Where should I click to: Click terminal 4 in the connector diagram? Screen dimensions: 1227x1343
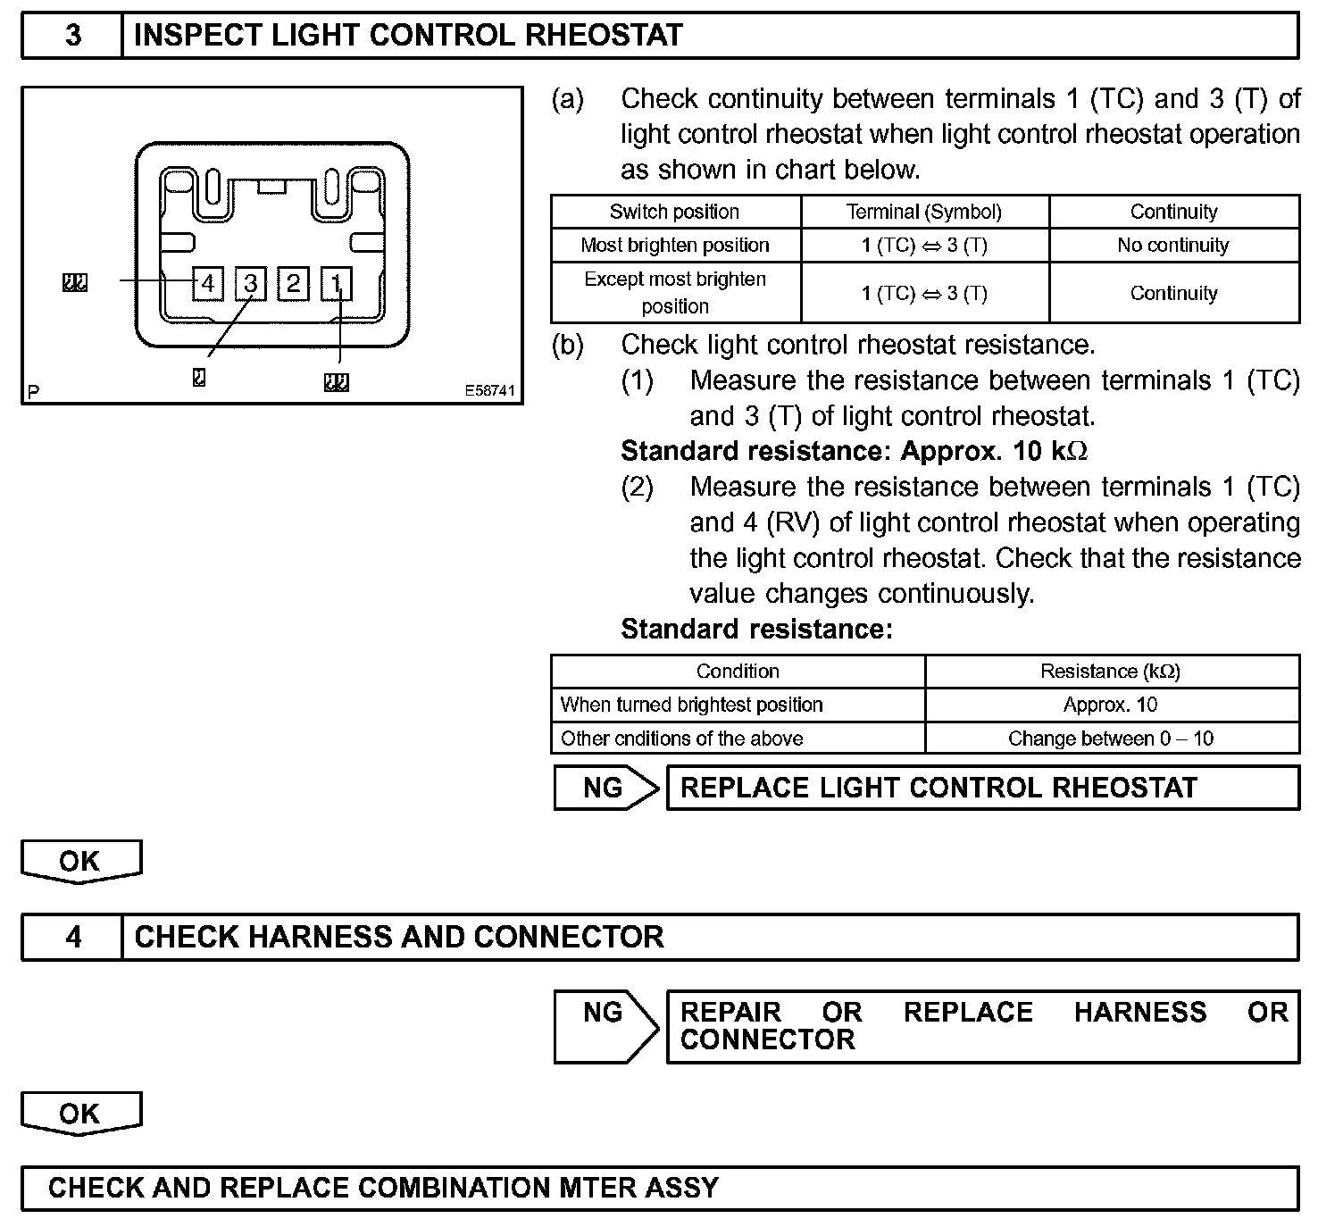pyautogui.click(x=208, y=284)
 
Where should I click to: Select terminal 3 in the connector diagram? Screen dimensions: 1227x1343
pyautogui.click(x=251, y=284)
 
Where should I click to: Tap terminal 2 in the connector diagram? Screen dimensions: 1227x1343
pyautogui.click(x=294, y=284)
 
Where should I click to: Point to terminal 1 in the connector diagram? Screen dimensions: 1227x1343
pyautogui.click(x=337, y=284)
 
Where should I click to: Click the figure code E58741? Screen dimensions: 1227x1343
pyautogui.click(x=489, y=391)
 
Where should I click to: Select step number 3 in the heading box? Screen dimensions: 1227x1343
pyautogui.click(x=72, y=36)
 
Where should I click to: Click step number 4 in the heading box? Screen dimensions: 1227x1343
pyautogui.click(x=72, y=937)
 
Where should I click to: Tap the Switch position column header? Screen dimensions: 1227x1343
pyautogui.click(x=674, y=212)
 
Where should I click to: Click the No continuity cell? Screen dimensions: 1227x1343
pyautogui.click(x=1173, y=245)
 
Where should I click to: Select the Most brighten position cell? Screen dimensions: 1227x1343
pyautogui.click(x=674, y=245)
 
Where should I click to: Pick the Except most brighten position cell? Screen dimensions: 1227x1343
pyautogui.click(x=674, y=292)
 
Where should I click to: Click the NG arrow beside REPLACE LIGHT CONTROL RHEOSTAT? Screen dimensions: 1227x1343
pyautogui.click(x=605, y=788)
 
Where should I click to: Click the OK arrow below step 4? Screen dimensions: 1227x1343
pyautogui.click(x=80, y=1114)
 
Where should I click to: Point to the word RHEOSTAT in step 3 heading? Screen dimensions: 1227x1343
pyautogui.click(x=605, y=36)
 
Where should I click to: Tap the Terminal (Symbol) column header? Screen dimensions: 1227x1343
pyautogui.click(x=923, y=212)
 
